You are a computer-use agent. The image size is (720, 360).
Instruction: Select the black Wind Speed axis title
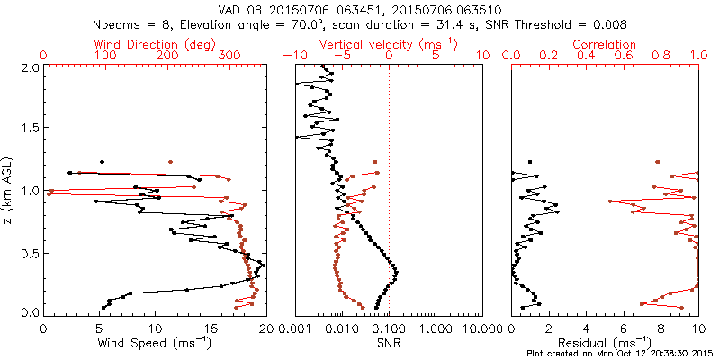pos(154,342)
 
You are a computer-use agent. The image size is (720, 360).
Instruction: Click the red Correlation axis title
pos(605,44)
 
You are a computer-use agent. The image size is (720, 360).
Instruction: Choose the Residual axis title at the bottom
pos(605,342)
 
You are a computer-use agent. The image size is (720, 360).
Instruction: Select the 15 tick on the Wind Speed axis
pos(210,328)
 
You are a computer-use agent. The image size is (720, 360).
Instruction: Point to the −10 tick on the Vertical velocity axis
pos(292,56)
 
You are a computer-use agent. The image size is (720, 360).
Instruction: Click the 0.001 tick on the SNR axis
pos(296,328)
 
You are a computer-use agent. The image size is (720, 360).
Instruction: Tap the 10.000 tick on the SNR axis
pos(477,328)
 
